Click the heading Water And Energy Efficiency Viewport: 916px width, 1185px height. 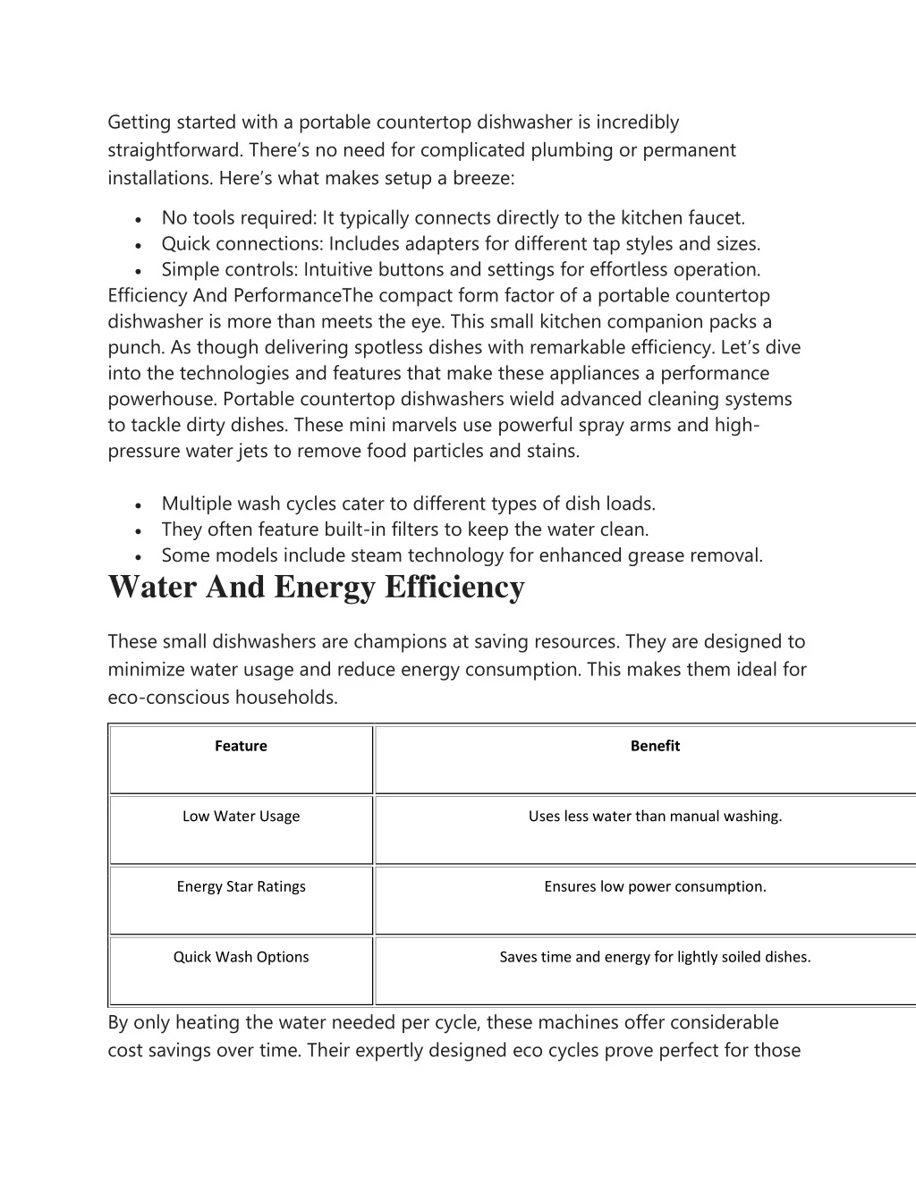click(316, 588)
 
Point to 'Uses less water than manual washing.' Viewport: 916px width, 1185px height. click(655, 817)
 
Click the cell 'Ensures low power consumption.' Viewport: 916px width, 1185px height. click(655, 887)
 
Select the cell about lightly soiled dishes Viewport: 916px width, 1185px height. click(655, 957)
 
